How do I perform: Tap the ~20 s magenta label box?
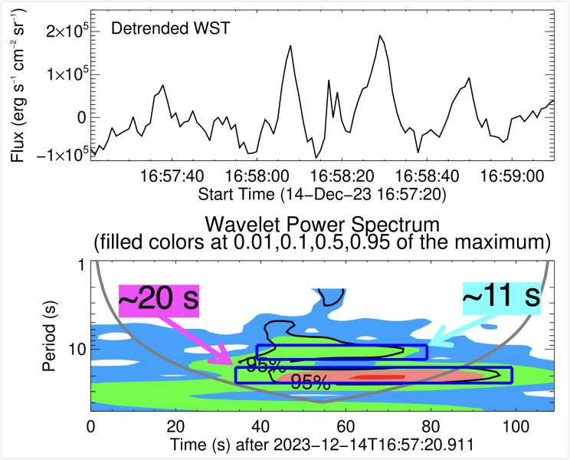[x=159, y=299]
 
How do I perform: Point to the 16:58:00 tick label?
[x=262, y=177]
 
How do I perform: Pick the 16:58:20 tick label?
[x=351, y=177]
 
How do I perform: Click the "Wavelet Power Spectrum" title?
[x=322, y=225]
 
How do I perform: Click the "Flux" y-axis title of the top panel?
[x=17, y=84]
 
